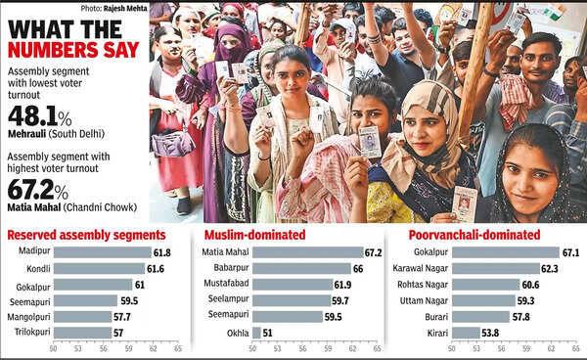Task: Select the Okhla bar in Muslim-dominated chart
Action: pos(256,333)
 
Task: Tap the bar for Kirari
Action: pos(466,333)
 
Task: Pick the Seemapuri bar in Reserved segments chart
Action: pos(85,300)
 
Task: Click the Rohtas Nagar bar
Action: pos(484,285)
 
